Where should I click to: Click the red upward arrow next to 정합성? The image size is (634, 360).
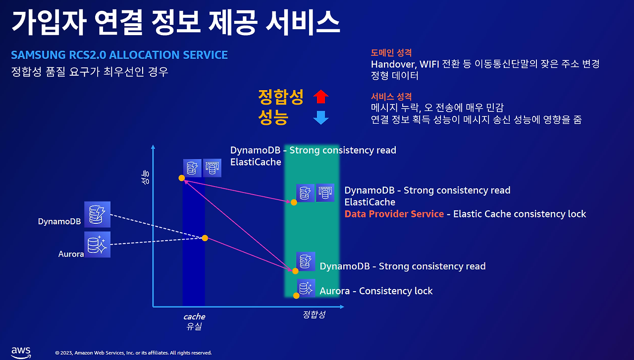point(321,97)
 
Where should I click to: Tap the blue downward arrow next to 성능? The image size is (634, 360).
point(321,118)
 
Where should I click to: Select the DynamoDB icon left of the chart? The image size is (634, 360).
point(97,214)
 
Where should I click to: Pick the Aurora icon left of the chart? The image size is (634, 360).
point(97,245)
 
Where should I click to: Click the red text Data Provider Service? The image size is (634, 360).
point(394,214)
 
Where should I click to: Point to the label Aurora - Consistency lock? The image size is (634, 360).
point(376,291)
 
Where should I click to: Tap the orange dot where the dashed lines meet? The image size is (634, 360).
point(205,238)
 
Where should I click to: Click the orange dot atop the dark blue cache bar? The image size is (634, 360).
point(182,178)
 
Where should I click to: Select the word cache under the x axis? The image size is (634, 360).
point(194,316)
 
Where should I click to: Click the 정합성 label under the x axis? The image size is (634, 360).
point(314,314)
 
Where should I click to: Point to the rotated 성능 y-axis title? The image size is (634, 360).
point(145,178)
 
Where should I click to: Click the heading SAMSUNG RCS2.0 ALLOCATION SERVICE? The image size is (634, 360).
point(119,55)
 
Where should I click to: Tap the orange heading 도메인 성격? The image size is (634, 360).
point(391,52)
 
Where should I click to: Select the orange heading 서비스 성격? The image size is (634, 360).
point(391,97)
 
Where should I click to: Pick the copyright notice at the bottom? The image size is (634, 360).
point(133,353)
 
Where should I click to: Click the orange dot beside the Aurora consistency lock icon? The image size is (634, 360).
point(296,296)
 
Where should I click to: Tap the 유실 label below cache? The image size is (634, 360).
point(194,326)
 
